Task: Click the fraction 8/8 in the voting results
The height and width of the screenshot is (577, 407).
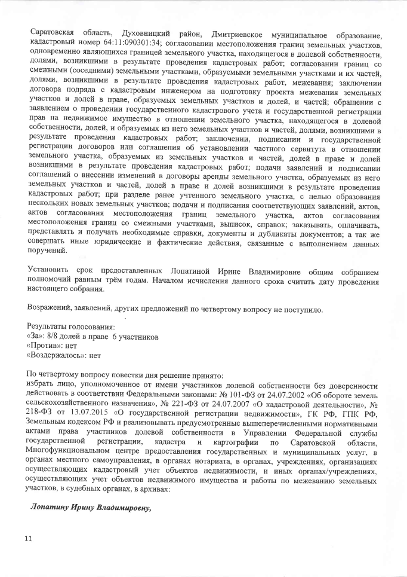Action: coord(61,337)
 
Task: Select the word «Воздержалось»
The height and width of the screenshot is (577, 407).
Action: coord(56,356)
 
